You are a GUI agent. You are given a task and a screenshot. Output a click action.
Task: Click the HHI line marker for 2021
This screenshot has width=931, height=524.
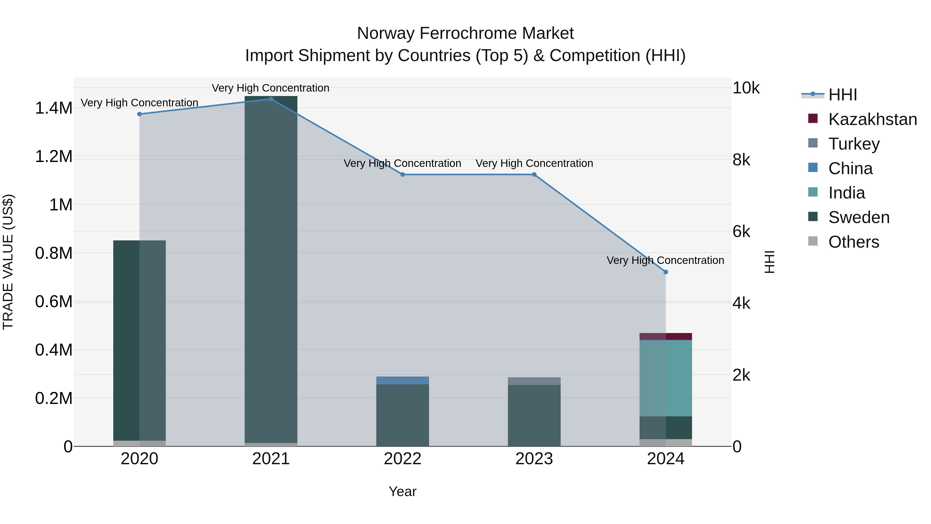click(271, 99)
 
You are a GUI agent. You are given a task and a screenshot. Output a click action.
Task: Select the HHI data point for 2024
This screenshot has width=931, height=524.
click(666, 272)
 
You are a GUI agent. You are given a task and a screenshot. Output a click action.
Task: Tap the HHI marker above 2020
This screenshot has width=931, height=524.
click(139, 114)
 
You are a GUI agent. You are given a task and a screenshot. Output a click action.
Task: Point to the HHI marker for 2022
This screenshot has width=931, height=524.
click(403, 174)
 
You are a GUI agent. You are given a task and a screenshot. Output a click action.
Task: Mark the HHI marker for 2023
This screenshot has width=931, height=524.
click(534, 174)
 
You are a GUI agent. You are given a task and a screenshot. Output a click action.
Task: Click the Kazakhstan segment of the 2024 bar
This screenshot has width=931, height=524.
click(666, 336)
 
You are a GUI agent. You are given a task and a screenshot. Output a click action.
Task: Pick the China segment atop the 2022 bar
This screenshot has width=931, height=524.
click(403, 380)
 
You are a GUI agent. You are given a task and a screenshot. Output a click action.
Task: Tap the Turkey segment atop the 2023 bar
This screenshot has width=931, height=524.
click(534, 381)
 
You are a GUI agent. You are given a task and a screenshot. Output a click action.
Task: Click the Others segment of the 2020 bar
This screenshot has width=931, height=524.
click(139, 443)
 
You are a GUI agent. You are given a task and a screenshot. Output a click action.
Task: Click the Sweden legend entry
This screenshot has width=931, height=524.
click(859, 217)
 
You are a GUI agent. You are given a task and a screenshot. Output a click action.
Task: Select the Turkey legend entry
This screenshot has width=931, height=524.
click(854, 144)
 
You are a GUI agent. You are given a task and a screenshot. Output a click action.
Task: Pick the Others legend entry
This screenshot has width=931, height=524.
click(853, 242)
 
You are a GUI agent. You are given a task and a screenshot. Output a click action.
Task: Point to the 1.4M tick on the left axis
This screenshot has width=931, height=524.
click(54, 108)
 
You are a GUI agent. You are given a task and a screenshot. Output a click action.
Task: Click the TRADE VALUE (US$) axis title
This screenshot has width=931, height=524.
click(8, 262)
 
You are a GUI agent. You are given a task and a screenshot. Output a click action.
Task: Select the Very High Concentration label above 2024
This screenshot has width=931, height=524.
click(665, 260)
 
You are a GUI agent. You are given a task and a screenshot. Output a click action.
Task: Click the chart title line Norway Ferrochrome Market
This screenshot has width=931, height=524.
click(465, 33)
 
